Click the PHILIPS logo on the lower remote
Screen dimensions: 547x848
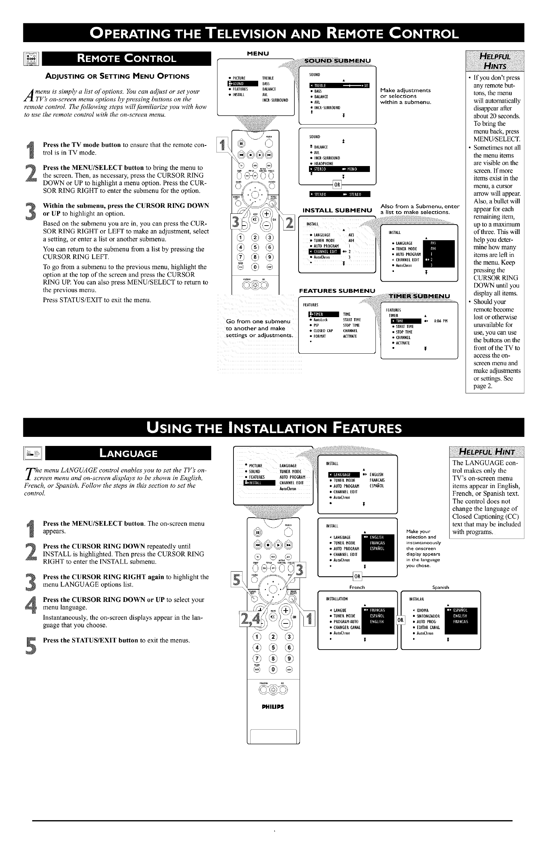tap(272, 707)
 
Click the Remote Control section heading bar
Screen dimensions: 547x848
tap(126, 58)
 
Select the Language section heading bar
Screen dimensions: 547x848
tap(129, 453)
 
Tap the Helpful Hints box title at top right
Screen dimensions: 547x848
tap(494, 61)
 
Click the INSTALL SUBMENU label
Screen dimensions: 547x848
tap(337, 210)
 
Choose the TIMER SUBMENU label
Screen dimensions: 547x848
tap(419, 296)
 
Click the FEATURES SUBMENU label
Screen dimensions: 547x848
tap(337, 291)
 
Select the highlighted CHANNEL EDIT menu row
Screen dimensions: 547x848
tap(324, 252)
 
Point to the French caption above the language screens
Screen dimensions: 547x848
tap(357, 587)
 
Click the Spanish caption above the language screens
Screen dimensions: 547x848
tap(441, 587)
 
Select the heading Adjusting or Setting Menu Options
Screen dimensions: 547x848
tap(118, 76)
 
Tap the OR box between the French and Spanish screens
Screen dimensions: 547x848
tap(400, 620)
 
